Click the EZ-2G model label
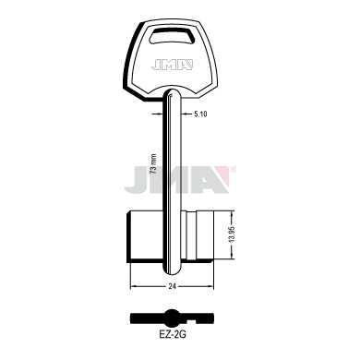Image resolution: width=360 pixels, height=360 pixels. point(172,335)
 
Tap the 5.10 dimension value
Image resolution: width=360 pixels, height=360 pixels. point(200,114)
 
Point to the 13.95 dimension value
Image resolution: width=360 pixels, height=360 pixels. point(232,234)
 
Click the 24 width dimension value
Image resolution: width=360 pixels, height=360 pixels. point(172,286)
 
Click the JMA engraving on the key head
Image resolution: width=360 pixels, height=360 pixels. point(172,65)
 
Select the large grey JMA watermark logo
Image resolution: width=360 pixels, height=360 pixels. point(177,179)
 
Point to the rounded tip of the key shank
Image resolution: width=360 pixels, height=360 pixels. point(172,271)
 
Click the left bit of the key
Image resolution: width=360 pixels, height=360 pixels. point(145,237)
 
